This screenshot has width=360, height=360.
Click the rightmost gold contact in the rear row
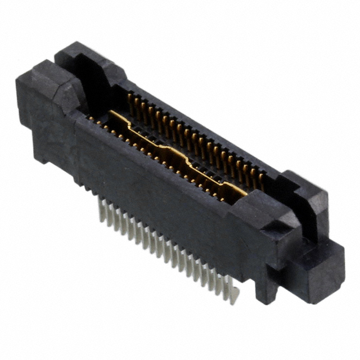coord(262,179)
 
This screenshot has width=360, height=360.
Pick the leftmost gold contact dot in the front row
coord(89,119)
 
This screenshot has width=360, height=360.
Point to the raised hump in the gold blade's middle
coord(169,147)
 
